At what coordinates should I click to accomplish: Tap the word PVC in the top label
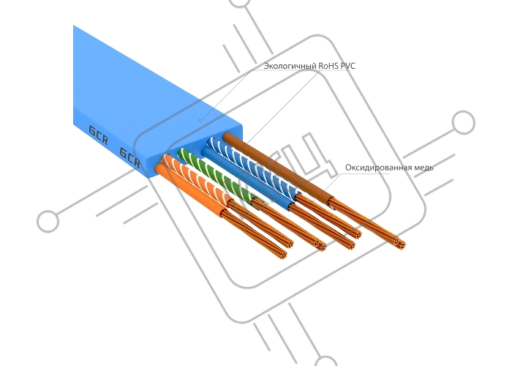click(348, 66)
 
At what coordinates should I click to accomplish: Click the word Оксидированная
click(379, 168)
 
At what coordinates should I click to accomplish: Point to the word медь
click(423, 168)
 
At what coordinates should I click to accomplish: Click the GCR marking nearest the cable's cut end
click(130, 157)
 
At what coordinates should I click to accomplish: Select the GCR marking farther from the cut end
click(98, 135)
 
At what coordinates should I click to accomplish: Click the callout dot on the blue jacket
click(200, 121)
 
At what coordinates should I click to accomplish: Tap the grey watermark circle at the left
click(48, 221)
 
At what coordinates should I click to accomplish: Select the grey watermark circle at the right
click(463, 122)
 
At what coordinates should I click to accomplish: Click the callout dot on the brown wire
click(244, 144)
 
